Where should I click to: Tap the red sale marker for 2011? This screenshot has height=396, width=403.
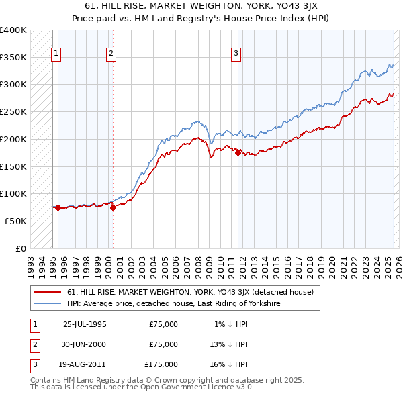[238, 153]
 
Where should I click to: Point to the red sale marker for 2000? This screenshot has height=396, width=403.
[113, 207]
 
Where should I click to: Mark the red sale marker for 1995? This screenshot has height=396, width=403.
[58, 207]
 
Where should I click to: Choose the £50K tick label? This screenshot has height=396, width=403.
[15, 221]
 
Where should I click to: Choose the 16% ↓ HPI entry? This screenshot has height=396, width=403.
[228, 364]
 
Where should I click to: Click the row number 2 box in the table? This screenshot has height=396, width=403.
[34, 344]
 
